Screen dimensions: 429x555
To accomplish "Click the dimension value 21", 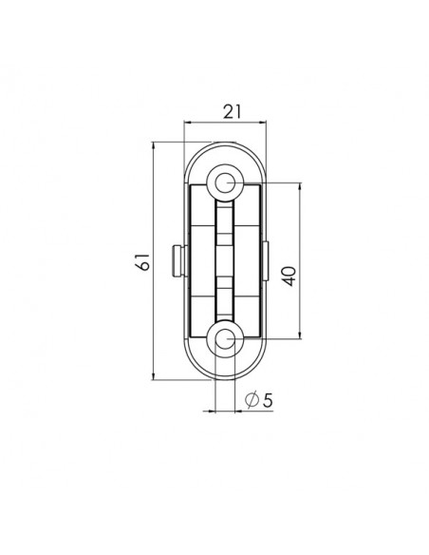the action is (x=232, y=112).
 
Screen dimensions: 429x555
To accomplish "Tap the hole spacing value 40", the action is (x=289, y=277).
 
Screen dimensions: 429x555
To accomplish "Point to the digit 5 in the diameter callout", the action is (x=268, y=400).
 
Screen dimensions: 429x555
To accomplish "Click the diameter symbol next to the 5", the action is (x=252, y=400).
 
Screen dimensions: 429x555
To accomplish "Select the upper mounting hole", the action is (x=225, y=183).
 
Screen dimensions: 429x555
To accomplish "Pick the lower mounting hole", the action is (x=225, y=339).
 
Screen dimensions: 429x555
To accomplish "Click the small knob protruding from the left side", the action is (x=177, y=261).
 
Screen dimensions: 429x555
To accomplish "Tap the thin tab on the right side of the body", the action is (x=266, y=261).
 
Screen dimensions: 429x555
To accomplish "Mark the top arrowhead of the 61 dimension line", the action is (x=154, y=146).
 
